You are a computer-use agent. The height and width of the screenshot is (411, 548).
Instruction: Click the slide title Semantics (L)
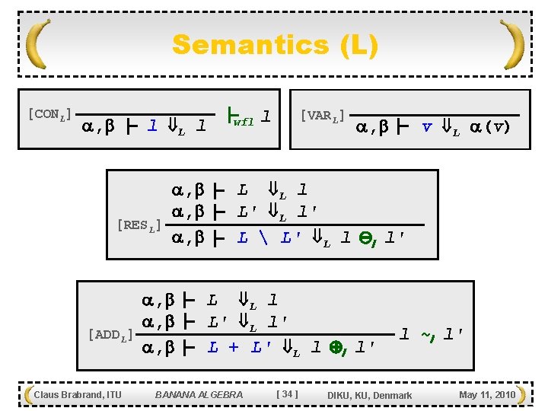pos(274,45)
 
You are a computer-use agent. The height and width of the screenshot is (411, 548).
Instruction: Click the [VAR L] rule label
pos(322,116)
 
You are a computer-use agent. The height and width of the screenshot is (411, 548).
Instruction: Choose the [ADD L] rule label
pos(110,334)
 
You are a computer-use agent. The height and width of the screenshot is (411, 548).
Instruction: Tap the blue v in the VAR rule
pos(428,127)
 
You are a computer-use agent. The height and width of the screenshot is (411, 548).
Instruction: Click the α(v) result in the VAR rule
pos(490,127)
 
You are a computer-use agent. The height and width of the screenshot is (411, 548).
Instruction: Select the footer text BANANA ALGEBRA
pos(199,394)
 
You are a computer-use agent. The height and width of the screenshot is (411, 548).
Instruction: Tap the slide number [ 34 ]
pos(287,394)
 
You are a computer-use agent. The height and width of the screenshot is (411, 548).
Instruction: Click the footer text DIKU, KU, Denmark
pos(369,395)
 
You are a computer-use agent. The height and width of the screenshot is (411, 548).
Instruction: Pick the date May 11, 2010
pos(487,394)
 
